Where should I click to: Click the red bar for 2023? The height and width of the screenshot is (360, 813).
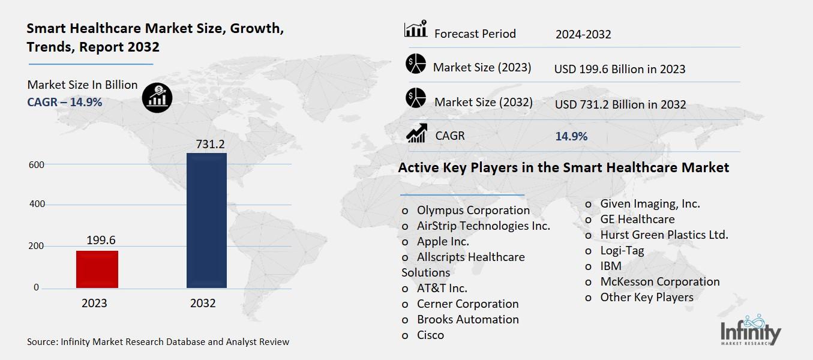(x=97, y=269)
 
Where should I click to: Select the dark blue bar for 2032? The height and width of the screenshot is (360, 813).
(x=206, y=220)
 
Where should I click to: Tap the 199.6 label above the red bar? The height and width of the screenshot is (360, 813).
(x=101, y=240)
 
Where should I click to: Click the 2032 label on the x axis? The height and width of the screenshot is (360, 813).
(x=203, y=303)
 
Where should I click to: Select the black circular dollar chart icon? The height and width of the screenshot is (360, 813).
(x=157, y=97)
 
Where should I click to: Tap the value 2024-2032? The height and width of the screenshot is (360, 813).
(x=583, y=34)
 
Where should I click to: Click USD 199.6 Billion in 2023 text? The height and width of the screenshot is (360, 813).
(x=620, y=69)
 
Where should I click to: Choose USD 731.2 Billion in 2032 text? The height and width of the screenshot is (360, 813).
(x=620, y=104)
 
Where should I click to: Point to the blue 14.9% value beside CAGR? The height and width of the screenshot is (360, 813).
(x=571, y=136)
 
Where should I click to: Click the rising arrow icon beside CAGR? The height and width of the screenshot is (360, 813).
(x=416, y=133)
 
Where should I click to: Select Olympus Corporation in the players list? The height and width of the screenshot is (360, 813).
(x=473, y=210)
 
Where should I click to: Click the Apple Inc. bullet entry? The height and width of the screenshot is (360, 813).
(x=443, y=241)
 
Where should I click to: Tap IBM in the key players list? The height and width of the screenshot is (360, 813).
(x=611, y=266)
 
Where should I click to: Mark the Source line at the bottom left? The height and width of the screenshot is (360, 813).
(x=158, y=342)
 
